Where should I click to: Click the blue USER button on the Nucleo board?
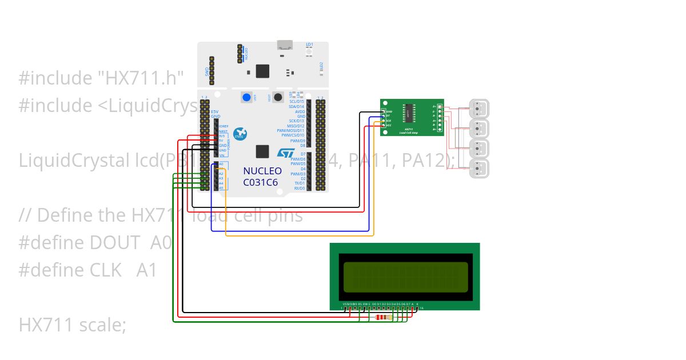click(x=246, y=97)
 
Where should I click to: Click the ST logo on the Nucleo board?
click(x=286, y=153)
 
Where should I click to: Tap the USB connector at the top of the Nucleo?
click(x=284, y=45)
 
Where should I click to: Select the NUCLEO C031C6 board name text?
click(x=262, y=176)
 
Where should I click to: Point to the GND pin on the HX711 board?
click(x=384, y=111)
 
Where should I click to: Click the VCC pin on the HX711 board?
click(x=384, y=125)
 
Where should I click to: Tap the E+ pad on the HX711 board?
click(x=440, y=106)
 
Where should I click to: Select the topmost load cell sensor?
click(x=479, y=107)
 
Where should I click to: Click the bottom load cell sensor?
click(x=479, y=169)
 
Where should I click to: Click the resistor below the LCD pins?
click(x=382, y=318)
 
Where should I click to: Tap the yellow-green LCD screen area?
click(x=404, y=276)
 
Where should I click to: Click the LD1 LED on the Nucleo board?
click(x=309, y=51)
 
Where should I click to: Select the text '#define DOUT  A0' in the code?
click(x=95, y=243)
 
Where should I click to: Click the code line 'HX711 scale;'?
click(x=72, y=325)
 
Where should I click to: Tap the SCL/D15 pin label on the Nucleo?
click(x=297, y=102)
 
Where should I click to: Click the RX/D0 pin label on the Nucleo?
click(x=299, y=188)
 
